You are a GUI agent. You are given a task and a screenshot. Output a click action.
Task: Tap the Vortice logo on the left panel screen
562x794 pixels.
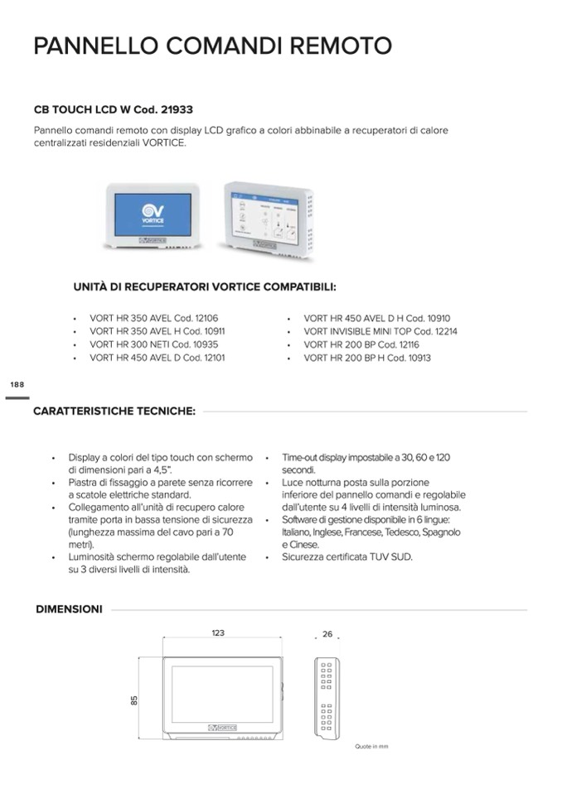tap(150, 214)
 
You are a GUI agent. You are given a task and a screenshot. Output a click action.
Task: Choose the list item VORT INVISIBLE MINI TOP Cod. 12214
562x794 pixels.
tap(380, 331)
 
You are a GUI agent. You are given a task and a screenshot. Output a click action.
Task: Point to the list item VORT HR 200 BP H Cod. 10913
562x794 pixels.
tap(367, 358)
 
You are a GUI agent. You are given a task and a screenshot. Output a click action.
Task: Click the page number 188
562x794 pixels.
tap(17, 385)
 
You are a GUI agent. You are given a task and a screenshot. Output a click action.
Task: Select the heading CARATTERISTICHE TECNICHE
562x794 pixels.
tap(114, 411)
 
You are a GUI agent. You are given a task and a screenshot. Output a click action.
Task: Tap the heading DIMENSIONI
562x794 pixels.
tap(69, 609)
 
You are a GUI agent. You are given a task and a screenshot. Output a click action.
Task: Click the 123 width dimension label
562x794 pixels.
tap(218, 633)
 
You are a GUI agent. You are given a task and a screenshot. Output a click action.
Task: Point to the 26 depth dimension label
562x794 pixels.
tap(327, 634)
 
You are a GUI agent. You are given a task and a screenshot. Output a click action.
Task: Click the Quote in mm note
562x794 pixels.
tap(371, 747)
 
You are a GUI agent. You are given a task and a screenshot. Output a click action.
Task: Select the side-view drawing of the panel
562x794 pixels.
tap(326, 696)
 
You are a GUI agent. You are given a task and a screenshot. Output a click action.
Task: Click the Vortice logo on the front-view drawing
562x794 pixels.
tap(222, 727)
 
